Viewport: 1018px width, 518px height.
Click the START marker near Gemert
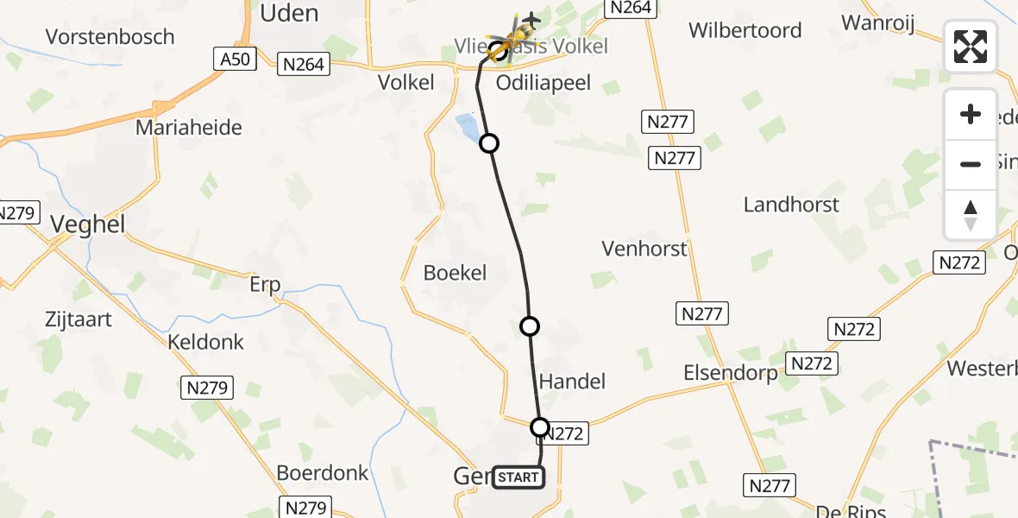[518, 477]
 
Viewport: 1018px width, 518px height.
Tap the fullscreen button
[971, 47]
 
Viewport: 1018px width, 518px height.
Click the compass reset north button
[971, 215]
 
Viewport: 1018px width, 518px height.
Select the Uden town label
[289, 13]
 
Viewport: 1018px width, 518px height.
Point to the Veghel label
[87, 224]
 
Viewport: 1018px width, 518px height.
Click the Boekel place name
[456, 273]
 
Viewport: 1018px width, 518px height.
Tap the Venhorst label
[644, 250]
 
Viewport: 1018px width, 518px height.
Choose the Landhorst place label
[791, 205]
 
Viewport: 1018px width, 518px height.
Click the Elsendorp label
[730, 373]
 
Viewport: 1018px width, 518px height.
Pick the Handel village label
[572, 381]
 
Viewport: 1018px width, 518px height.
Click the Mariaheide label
[188, 128]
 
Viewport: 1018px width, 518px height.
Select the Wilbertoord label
[745, 30]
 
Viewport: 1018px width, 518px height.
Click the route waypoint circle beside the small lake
[489, 143]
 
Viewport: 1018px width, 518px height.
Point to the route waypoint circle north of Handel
[530, 326]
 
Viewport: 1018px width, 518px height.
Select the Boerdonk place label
[323, 473]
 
